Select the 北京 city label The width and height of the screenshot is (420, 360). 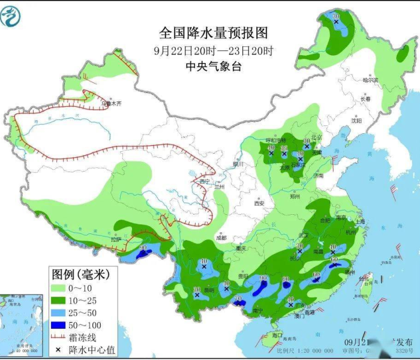(x=308, y=137)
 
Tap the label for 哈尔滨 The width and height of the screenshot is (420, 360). (x=371, y=79)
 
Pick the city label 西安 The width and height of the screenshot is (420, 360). (x=259, y=203)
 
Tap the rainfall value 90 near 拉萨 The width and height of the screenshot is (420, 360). (x=143, y=247)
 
